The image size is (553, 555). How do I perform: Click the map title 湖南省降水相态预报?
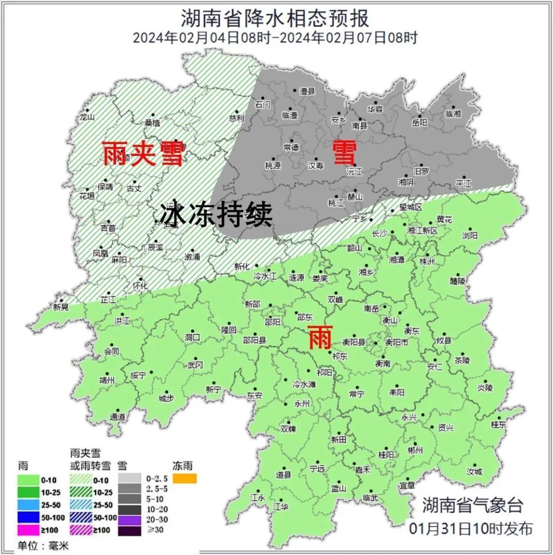click(275, 19)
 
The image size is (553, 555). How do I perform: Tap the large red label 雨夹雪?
click(143, 153)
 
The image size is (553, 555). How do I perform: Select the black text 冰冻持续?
click(216, 215)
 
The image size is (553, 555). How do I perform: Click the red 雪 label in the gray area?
click(344, 152)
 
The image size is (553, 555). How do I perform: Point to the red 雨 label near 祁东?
click(321, 338)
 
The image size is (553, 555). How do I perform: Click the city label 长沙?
click(379, 233)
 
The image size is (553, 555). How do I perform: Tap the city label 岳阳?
click(419, 122)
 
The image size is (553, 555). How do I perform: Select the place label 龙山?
click(88, 117)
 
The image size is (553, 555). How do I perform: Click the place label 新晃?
click(60, 307)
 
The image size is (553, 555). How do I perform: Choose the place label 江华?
click(281, 506)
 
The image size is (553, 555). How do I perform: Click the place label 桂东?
click(498, 425)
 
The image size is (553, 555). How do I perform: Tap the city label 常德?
click(291, 147)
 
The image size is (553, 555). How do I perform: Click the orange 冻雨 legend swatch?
click(185, 479)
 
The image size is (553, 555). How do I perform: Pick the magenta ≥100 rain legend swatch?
click(29, 528)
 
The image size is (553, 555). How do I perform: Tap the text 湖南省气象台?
click(472, 505)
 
